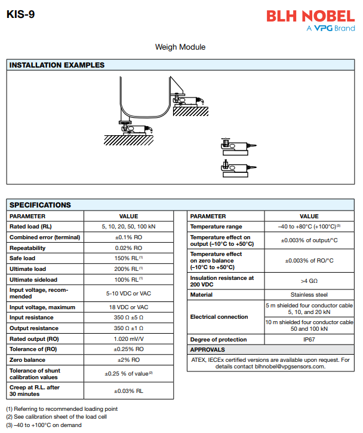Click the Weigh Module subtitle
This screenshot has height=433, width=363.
click(180, 47)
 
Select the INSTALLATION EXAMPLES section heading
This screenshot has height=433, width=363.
click(57, 65)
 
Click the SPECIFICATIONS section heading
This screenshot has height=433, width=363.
click(40, 205)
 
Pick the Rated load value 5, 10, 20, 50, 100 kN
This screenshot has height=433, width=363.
click(128, 227)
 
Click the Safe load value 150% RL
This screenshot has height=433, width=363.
click(128, 258)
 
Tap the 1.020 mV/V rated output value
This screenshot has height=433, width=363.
click(128, 339)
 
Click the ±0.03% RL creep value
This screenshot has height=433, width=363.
click(128, 391)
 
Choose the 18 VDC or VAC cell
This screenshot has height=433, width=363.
click(128, 307)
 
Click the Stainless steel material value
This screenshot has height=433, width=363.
click(309, 295)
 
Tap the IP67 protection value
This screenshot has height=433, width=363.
click(309, 340)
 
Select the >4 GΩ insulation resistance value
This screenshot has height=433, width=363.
click(309, 280)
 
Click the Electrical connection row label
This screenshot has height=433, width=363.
click(219, 317)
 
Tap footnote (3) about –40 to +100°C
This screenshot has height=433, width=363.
click(44, 425)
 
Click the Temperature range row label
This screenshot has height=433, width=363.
click(216, 227)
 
